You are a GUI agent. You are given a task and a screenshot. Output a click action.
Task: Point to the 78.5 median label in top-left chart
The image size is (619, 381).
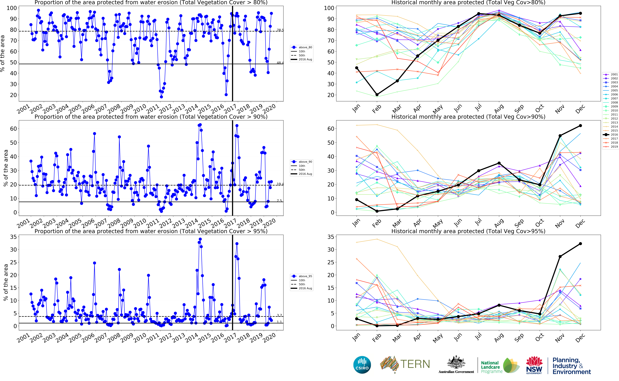click(280, 30)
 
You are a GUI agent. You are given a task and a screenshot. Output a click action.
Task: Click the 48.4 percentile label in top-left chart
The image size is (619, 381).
click(280, 63)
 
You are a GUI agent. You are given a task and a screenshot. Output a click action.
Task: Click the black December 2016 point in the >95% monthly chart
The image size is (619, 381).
click(580, 244)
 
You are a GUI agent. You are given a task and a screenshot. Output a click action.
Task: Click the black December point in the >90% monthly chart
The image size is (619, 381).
click(580, 126)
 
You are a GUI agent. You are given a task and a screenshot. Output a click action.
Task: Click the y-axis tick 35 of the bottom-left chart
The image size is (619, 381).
click(13, 237)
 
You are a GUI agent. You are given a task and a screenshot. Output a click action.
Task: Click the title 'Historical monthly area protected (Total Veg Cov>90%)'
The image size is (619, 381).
click(468, 117)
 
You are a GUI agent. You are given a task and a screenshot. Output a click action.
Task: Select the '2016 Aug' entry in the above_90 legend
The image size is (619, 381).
click(305, 174)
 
